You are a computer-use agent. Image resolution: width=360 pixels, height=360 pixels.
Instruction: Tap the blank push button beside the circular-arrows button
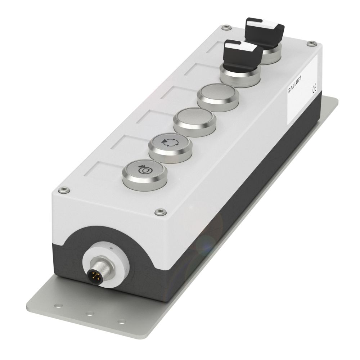pyautogui.click(x=195, y=120)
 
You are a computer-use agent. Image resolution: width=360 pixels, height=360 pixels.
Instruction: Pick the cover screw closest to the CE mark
pyautogui.click(x=310, y=44)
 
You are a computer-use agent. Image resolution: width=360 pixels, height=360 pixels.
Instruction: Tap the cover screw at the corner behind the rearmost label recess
pyautogui.click(x=225, y=27)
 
